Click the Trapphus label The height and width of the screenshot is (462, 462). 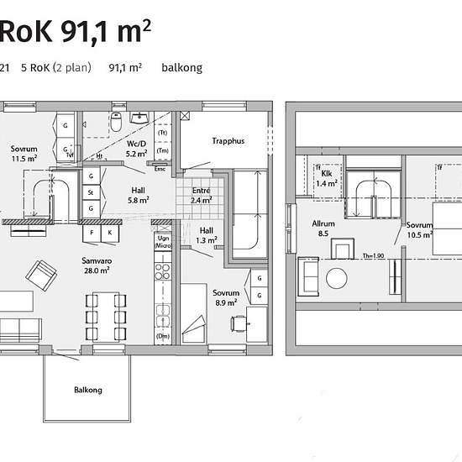click(228, 141)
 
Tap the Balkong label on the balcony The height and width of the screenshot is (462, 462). click(88, 390)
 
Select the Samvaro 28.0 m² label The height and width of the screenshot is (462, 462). click(97, 265)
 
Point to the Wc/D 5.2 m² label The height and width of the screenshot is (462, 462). click(136, 149)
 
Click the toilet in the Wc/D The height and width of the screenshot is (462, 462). click(116, 122)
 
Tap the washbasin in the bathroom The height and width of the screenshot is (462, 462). click(139, 118)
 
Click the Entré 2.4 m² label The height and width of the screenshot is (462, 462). click(202, 196)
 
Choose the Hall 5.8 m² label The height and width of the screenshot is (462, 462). click(139, 195)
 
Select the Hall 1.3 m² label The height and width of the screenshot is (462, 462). click(207, 235)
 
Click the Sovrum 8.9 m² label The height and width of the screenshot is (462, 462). click(226, 298)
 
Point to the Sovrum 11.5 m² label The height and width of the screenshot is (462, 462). click(24, 154)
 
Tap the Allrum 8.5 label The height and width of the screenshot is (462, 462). click(323, 228)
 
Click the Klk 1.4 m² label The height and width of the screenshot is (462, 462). click(327, 179)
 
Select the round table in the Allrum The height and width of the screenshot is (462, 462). click(337, 278)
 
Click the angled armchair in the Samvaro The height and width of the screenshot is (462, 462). click(41, 276)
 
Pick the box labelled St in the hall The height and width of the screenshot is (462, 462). click(91, 192)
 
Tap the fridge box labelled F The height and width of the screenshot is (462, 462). click(92, 233)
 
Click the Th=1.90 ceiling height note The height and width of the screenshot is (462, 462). click(373, 255)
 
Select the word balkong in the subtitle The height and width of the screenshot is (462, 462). click(181, 68)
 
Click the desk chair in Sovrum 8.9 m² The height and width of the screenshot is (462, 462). click(239, 323)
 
